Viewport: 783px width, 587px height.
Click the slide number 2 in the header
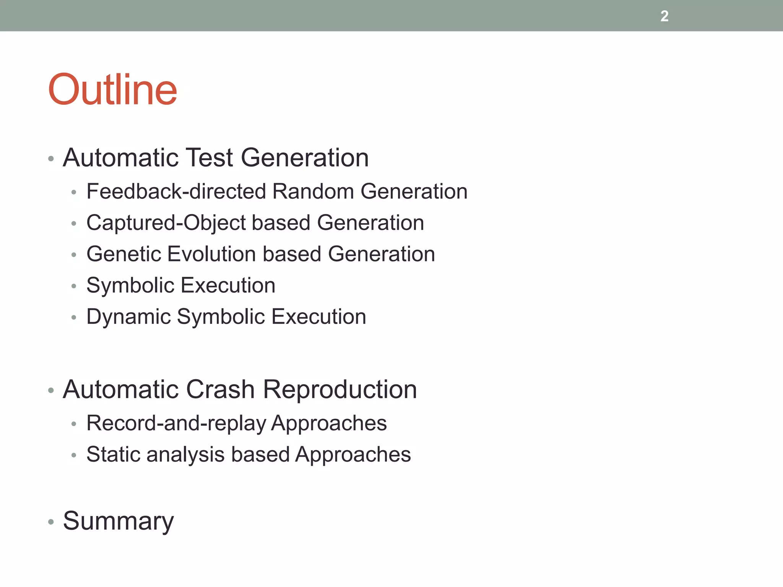pos(664,16)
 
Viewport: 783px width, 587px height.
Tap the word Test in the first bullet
pos(209,157)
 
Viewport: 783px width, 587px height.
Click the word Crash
pos(220,389)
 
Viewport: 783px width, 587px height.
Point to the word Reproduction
pos(340,389)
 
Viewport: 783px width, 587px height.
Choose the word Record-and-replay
pos(176,423)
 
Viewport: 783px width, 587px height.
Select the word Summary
pos(118,521)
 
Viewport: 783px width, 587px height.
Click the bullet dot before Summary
pos(51,522)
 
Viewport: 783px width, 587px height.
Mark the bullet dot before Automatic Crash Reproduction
pos(51,391)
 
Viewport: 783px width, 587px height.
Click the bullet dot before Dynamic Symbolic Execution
pos(74,317)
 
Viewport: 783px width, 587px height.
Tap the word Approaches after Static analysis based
pos(353,454)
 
